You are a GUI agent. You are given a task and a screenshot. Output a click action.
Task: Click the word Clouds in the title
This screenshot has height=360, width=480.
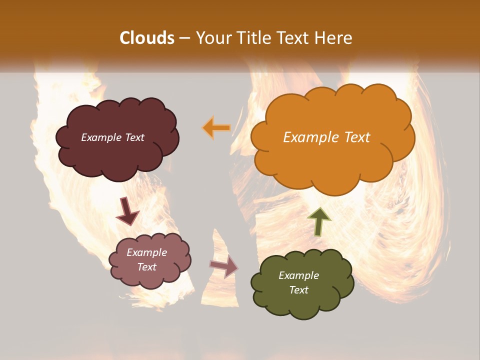(x=147, y=38)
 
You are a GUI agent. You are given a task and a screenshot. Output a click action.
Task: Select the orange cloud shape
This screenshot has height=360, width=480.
(x=332, y=160)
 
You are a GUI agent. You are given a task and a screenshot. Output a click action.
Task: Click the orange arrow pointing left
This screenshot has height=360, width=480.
(x=216, y=128)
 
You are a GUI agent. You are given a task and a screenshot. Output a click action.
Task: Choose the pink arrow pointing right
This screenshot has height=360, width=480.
(x=224, y=266)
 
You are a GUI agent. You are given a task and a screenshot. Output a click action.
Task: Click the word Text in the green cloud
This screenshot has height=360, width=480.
(x=298, y=290)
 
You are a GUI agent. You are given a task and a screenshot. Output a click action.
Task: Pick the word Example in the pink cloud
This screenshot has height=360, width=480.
(x=146, y=252)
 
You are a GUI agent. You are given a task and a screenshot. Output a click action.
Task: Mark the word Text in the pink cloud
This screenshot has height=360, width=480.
(x=146, y=267)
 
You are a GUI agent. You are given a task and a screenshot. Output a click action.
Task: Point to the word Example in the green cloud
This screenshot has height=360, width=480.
(x=298, y=275)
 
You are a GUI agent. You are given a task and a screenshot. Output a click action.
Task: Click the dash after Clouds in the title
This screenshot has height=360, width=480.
(x=184, y=38)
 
